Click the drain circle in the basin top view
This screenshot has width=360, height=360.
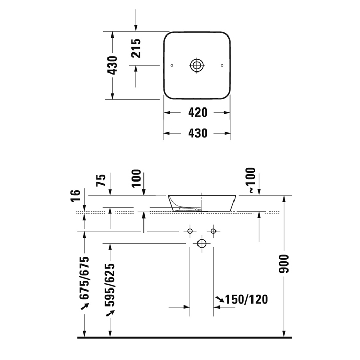tap(197, 65)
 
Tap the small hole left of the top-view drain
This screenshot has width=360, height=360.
tap(172, 65)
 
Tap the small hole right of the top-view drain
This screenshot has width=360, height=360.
tap(222, 65)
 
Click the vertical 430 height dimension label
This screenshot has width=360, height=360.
tap(113, 65)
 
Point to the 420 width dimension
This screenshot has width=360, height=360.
tap(197, 112)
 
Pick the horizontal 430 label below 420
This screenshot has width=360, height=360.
tap(197, 133)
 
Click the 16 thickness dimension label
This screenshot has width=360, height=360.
tap(76, 195)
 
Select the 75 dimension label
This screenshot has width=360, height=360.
tap(102, 180)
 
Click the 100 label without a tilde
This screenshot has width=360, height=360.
tap(136, 178)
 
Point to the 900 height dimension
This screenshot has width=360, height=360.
tap(290, 263)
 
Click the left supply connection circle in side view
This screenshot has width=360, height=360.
tap(190, 231)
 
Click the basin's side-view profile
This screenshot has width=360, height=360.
tap(202, 203)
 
